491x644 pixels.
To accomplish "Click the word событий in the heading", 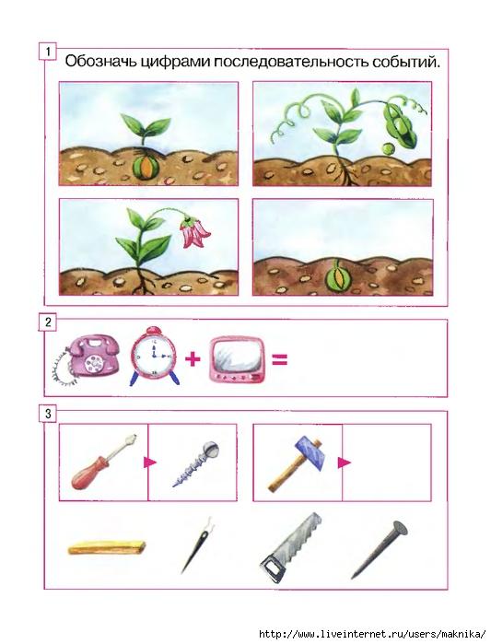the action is (405, 62).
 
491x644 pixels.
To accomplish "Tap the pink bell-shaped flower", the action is (194, 232).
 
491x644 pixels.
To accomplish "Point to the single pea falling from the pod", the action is (387, 148).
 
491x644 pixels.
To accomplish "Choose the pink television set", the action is (237, 360).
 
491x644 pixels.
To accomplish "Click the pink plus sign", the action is (193, 359).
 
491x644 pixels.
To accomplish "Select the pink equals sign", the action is (279, 360).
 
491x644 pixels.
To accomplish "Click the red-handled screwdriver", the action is (103, 462).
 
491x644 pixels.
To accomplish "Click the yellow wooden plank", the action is (107, 547).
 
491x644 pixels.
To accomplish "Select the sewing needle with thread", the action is (198, 545).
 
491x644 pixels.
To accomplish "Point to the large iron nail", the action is (380, 549).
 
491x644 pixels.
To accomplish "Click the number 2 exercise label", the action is (48, 322).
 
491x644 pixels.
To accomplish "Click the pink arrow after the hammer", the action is (344, 463).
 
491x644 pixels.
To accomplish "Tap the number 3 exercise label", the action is (48, 414).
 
